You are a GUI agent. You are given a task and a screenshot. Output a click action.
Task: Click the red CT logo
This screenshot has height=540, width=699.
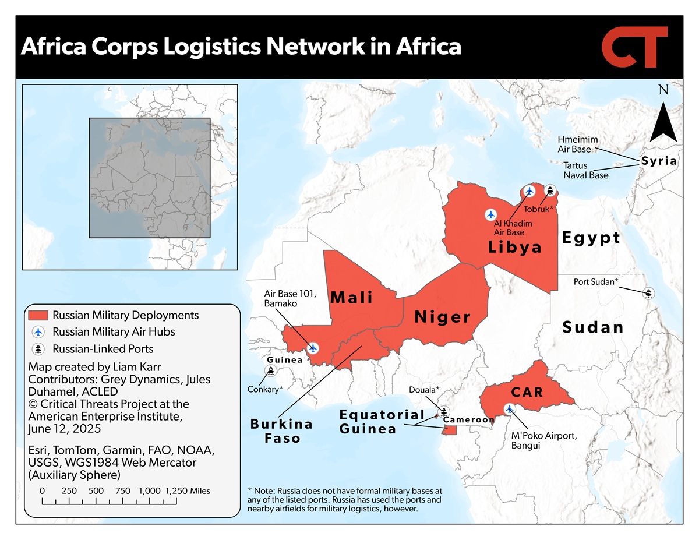click(x=634, y=47)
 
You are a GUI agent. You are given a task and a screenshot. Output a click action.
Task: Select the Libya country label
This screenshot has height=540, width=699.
click(x=515, y=247)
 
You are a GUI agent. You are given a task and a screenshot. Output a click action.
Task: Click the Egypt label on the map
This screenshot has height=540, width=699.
click(x=591, y=238)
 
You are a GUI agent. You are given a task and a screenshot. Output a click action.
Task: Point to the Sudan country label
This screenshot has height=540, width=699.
click(x=593, y=327)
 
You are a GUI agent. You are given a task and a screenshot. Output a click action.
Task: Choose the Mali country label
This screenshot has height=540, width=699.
click(x=352, y=298)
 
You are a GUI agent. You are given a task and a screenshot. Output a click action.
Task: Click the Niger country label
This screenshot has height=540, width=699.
click(x=442, y=317)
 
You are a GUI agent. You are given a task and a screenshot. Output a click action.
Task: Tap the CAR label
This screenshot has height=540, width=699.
click(x=527, y=392)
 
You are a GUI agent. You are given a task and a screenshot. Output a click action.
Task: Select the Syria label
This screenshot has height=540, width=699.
click(x=659, y=161)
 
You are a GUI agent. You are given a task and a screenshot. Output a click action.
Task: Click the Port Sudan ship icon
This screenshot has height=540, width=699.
click(x=648, y=293)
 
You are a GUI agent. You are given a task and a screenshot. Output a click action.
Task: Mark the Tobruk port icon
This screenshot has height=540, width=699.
click(x=550, y=190)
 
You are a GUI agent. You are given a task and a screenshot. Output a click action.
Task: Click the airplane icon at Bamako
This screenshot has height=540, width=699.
click(x=313, y=348)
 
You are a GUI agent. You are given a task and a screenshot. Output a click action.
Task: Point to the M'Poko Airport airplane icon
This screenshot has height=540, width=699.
click(x=510, y=409)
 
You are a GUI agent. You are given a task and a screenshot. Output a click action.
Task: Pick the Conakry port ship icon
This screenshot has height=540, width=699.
click(x=271, y=370)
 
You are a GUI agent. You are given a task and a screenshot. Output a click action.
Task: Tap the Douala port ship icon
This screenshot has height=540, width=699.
click(x=444, y=411)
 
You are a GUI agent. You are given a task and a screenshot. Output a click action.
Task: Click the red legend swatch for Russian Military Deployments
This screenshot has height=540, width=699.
click(x=38, y=315)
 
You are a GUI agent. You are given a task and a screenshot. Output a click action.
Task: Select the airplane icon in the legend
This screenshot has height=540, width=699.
click(x=38, y=332)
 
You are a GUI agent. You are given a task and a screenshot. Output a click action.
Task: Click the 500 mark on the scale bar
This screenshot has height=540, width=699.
click(x=96, y=491)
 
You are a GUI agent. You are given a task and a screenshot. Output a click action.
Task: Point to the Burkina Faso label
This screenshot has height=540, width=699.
click(x=281, y=431)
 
